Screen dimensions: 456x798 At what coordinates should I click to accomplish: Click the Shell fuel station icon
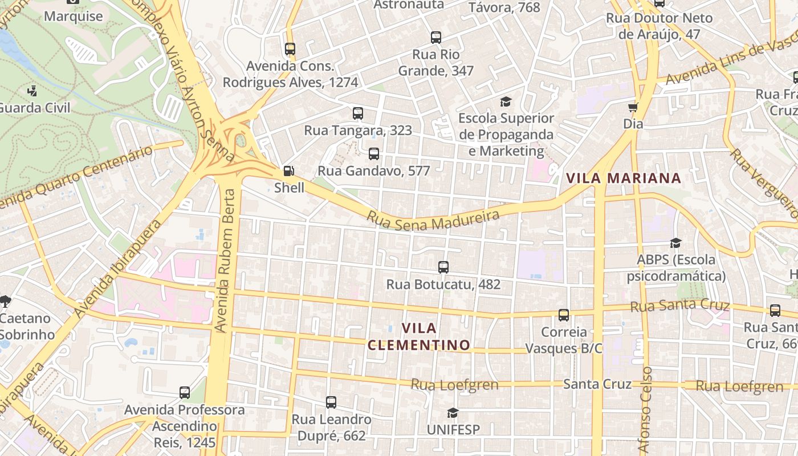pyautogui.click(x=289, y=171)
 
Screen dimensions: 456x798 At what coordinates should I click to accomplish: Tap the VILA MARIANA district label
pyautogui.click(x=624, y=178)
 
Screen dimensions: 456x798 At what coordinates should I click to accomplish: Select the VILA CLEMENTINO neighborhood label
pyautogui.click(x=419, y=336)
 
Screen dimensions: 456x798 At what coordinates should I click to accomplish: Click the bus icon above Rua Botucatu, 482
pyautogui.click(x=443, y=267)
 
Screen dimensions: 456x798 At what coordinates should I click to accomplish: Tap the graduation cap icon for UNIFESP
pyautogui.click(x=453, y=413)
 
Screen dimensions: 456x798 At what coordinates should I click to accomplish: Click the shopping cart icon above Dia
pyautogui.click(x=633, y=107)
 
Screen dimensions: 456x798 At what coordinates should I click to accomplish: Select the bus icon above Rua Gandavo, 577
pyautogui.click(x=373, y=154)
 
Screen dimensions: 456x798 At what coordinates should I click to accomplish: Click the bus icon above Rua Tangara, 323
pyautogui.click(x=357, y=113)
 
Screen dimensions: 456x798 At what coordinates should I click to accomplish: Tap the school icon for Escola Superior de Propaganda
pyautogui.click(x=506, y=102)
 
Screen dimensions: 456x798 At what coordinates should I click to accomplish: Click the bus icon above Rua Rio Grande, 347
pyautogui.click(x=435, y=38)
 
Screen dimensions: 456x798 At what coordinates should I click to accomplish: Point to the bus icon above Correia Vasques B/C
pyautogui.click(x=563, y=315)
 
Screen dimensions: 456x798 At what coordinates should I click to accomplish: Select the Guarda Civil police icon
pyautogui.click(x=32, y=91)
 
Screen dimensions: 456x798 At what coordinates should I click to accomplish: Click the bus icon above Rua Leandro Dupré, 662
pyautogui.click(x=331, y=402)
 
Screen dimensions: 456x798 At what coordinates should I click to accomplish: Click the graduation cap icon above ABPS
pyautogui.click(x=675, y=243)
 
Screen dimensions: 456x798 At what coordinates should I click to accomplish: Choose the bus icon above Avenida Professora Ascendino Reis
pyautogui.click(x=184, y=393)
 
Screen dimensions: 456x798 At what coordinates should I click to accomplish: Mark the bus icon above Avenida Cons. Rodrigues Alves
pyautogui.click(x=290, y=49)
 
